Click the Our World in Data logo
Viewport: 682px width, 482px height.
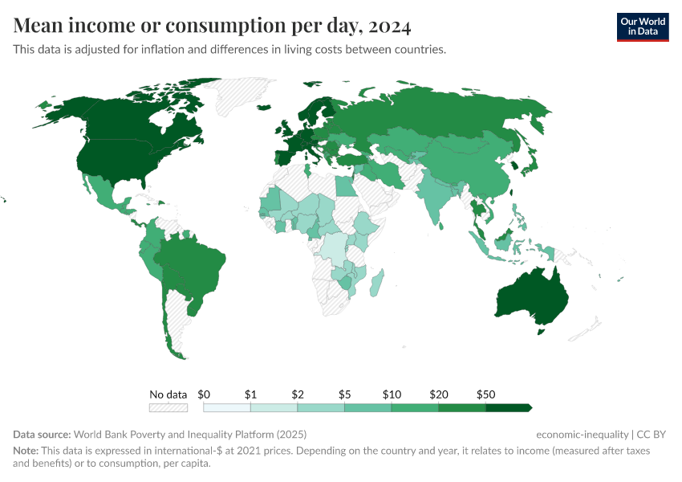642,27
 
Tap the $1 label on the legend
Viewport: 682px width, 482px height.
250,394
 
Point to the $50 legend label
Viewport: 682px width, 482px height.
485,394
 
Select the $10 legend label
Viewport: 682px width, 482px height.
392,394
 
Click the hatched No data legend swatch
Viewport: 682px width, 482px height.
168,407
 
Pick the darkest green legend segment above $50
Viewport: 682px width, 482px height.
508,407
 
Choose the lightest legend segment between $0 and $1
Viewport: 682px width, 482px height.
227,407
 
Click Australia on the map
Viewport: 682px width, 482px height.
531,297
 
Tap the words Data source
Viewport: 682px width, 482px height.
42,435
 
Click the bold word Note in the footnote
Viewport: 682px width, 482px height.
26,451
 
